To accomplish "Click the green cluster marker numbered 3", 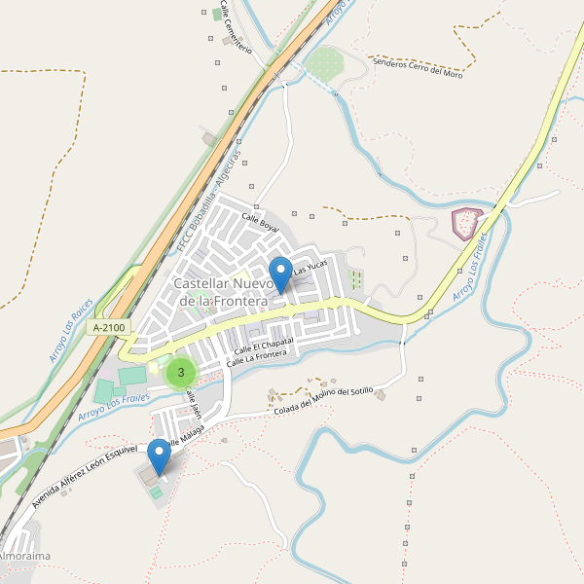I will click(181, 372).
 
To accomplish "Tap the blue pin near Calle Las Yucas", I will click(280, 274).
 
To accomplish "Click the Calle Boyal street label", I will click(260, 223).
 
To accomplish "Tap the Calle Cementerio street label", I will click(236, 26).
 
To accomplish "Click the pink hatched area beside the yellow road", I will click(468, 224).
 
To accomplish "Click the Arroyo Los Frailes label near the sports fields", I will click(115, 400).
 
